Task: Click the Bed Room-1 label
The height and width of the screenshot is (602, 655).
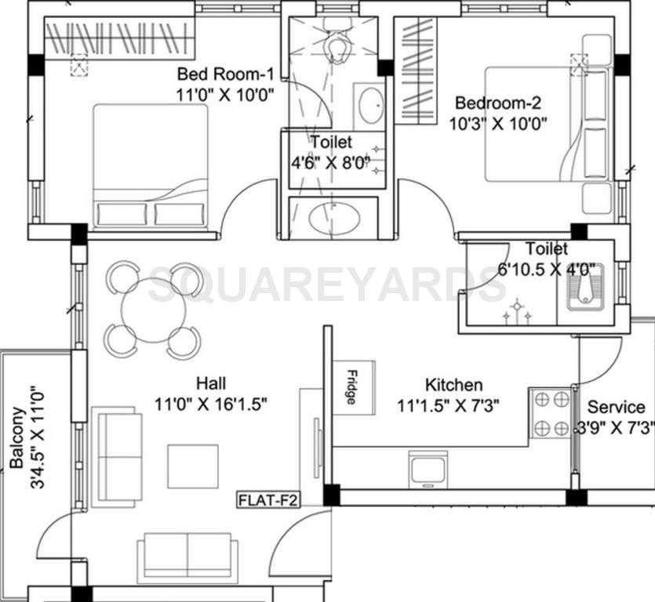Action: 225,75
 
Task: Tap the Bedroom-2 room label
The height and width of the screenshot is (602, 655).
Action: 499,103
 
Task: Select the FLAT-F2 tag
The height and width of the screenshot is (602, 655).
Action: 269,500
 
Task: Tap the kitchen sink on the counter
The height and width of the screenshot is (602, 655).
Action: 428,469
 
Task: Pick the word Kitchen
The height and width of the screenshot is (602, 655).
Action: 453,385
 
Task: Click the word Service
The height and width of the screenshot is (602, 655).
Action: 617,408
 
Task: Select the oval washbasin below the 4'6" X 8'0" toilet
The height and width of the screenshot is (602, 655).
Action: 334,219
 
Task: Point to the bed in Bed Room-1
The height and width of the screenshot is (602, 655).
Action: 151,167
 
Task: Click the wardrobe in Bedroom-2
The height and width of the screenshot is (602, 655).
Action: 415,71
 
